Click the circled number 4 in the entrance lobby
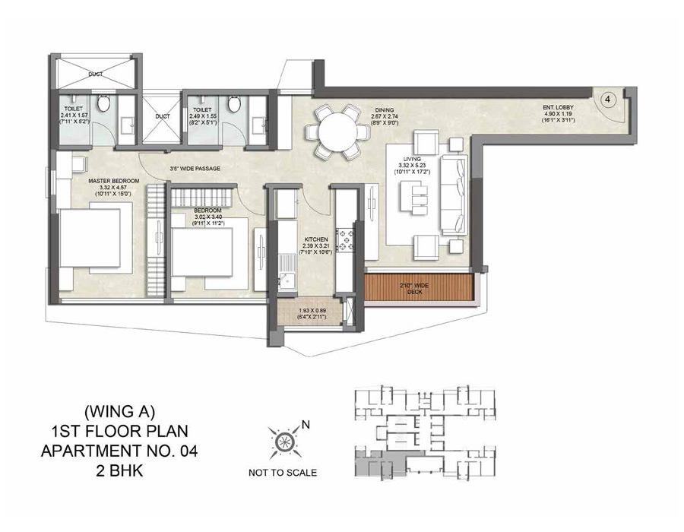tap(608, 100)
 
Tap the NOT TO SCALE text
tap(283, 473)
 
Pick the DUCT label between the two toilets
tap(162, 117)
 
